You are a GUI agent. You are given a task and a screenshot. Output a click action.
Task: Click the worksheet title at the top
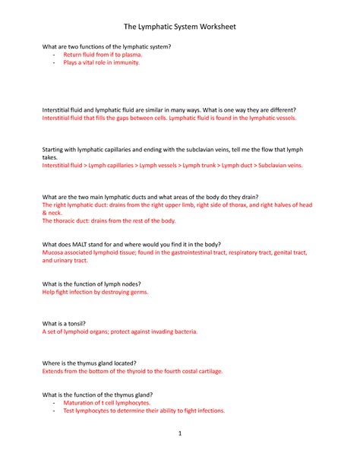click(x=180, y=27)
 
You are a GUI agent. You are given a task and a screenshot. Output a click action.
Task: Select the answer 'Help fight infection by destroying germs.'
click(x=96, y=292)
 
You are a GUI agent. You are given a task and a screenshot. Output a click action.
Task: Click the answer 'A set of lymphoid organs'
click(x=120, y=331)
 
